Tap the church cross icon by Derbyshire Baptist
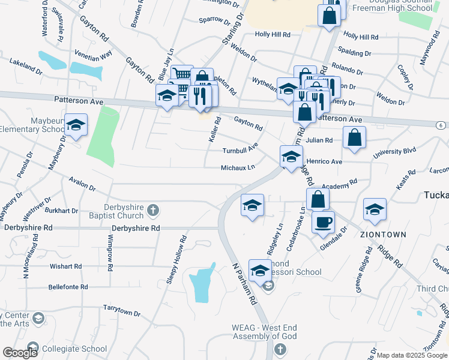click(x=153, y=210)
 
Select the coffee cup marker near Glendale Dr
click(x=322, y=221)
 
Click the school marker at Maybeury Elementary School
click(x=76, y=125)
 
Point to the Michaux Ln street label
click(x=238, y=168)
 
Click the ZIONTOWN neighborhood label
click(x=383, y=234)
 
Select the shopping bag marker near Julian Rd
click(x=355, y=137)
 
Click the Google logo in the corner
click(x=20, y=353)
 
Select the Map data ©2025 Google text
click(x=411, y=355)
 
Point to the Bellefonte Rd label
click(x=67, y=287)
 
